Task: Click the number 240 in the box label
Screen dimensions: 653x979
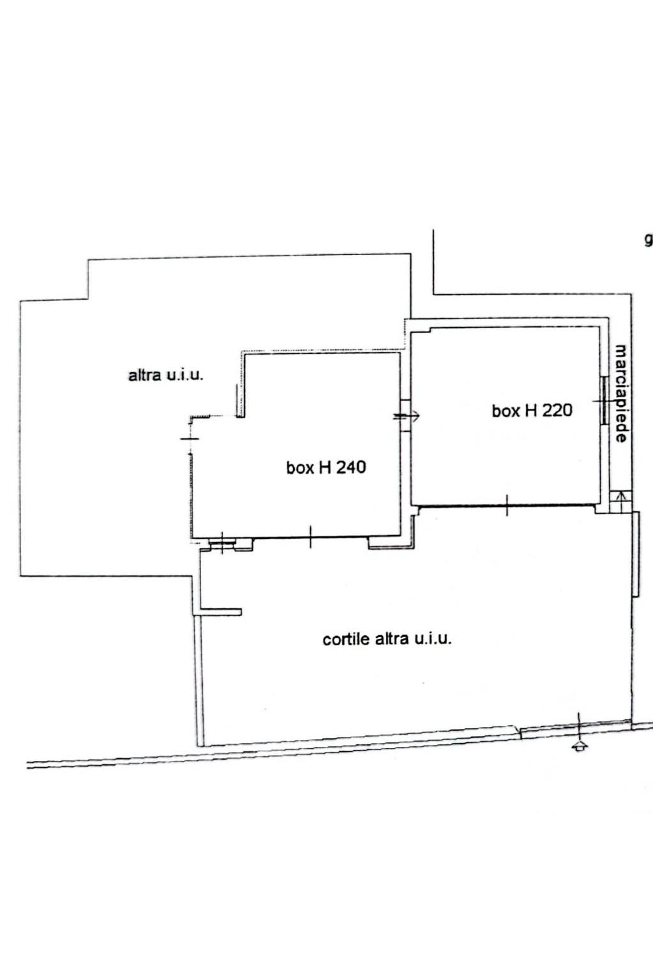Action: coord(350,467)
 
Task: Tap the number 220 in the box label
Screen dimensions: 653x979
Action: coord(557,410)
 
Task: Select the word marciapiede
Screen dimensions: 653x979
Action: coord(620,394)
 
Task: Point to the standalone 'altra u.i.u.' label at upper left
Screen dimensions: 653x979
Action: coord(166,375)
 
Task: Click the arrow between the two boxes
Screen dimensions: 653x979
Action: coord(407,416)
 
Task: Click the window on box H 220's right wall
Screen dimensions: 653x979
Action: coord(604,400)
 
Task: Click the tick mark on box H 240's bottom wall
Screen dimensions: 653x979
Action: coord(310,537)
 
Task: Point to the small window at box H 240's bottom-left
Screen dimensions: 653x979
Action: coord(222,543)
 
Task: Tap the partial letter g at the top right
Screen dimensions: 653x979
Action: coord(649,240)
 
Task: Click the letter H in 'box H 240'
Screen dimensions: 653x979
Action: coord(324,467)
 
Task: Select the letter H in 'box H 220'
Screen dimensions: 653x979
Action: coord(530,410)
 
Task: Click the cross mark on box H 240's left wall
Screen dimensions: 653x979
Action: coord(190,438)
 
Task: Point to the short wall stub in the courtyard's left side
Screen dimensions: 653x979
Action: coord(221,612)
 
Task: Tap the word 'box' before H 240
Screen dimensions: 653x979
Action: coord(301,467)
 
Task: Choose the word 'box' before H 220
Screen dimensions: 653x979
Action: coord(506,411)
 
